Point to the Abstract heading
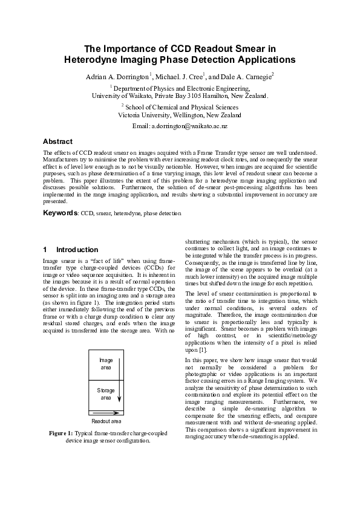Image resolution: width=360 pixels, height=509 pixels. tap(58, 141)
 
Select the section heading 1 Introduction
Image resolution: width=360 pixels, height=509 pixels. tap(70, 250)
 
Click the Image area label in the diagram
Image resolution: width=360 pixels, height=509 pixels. tap(105, 363)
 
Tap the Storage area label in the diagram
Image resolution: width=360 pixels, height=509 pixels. tap(105, 394)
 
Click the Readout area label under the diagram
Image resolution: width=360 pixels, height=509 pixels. tap(106, 421)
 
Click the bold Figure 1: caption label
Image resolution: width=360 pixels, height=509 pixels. tap(62, 433)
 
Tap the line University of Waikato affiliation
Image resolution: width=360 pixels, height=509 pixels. tap(180, 96)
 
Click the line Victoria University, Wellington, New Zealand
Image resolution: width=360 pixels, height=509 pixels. tap(180, 115)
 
